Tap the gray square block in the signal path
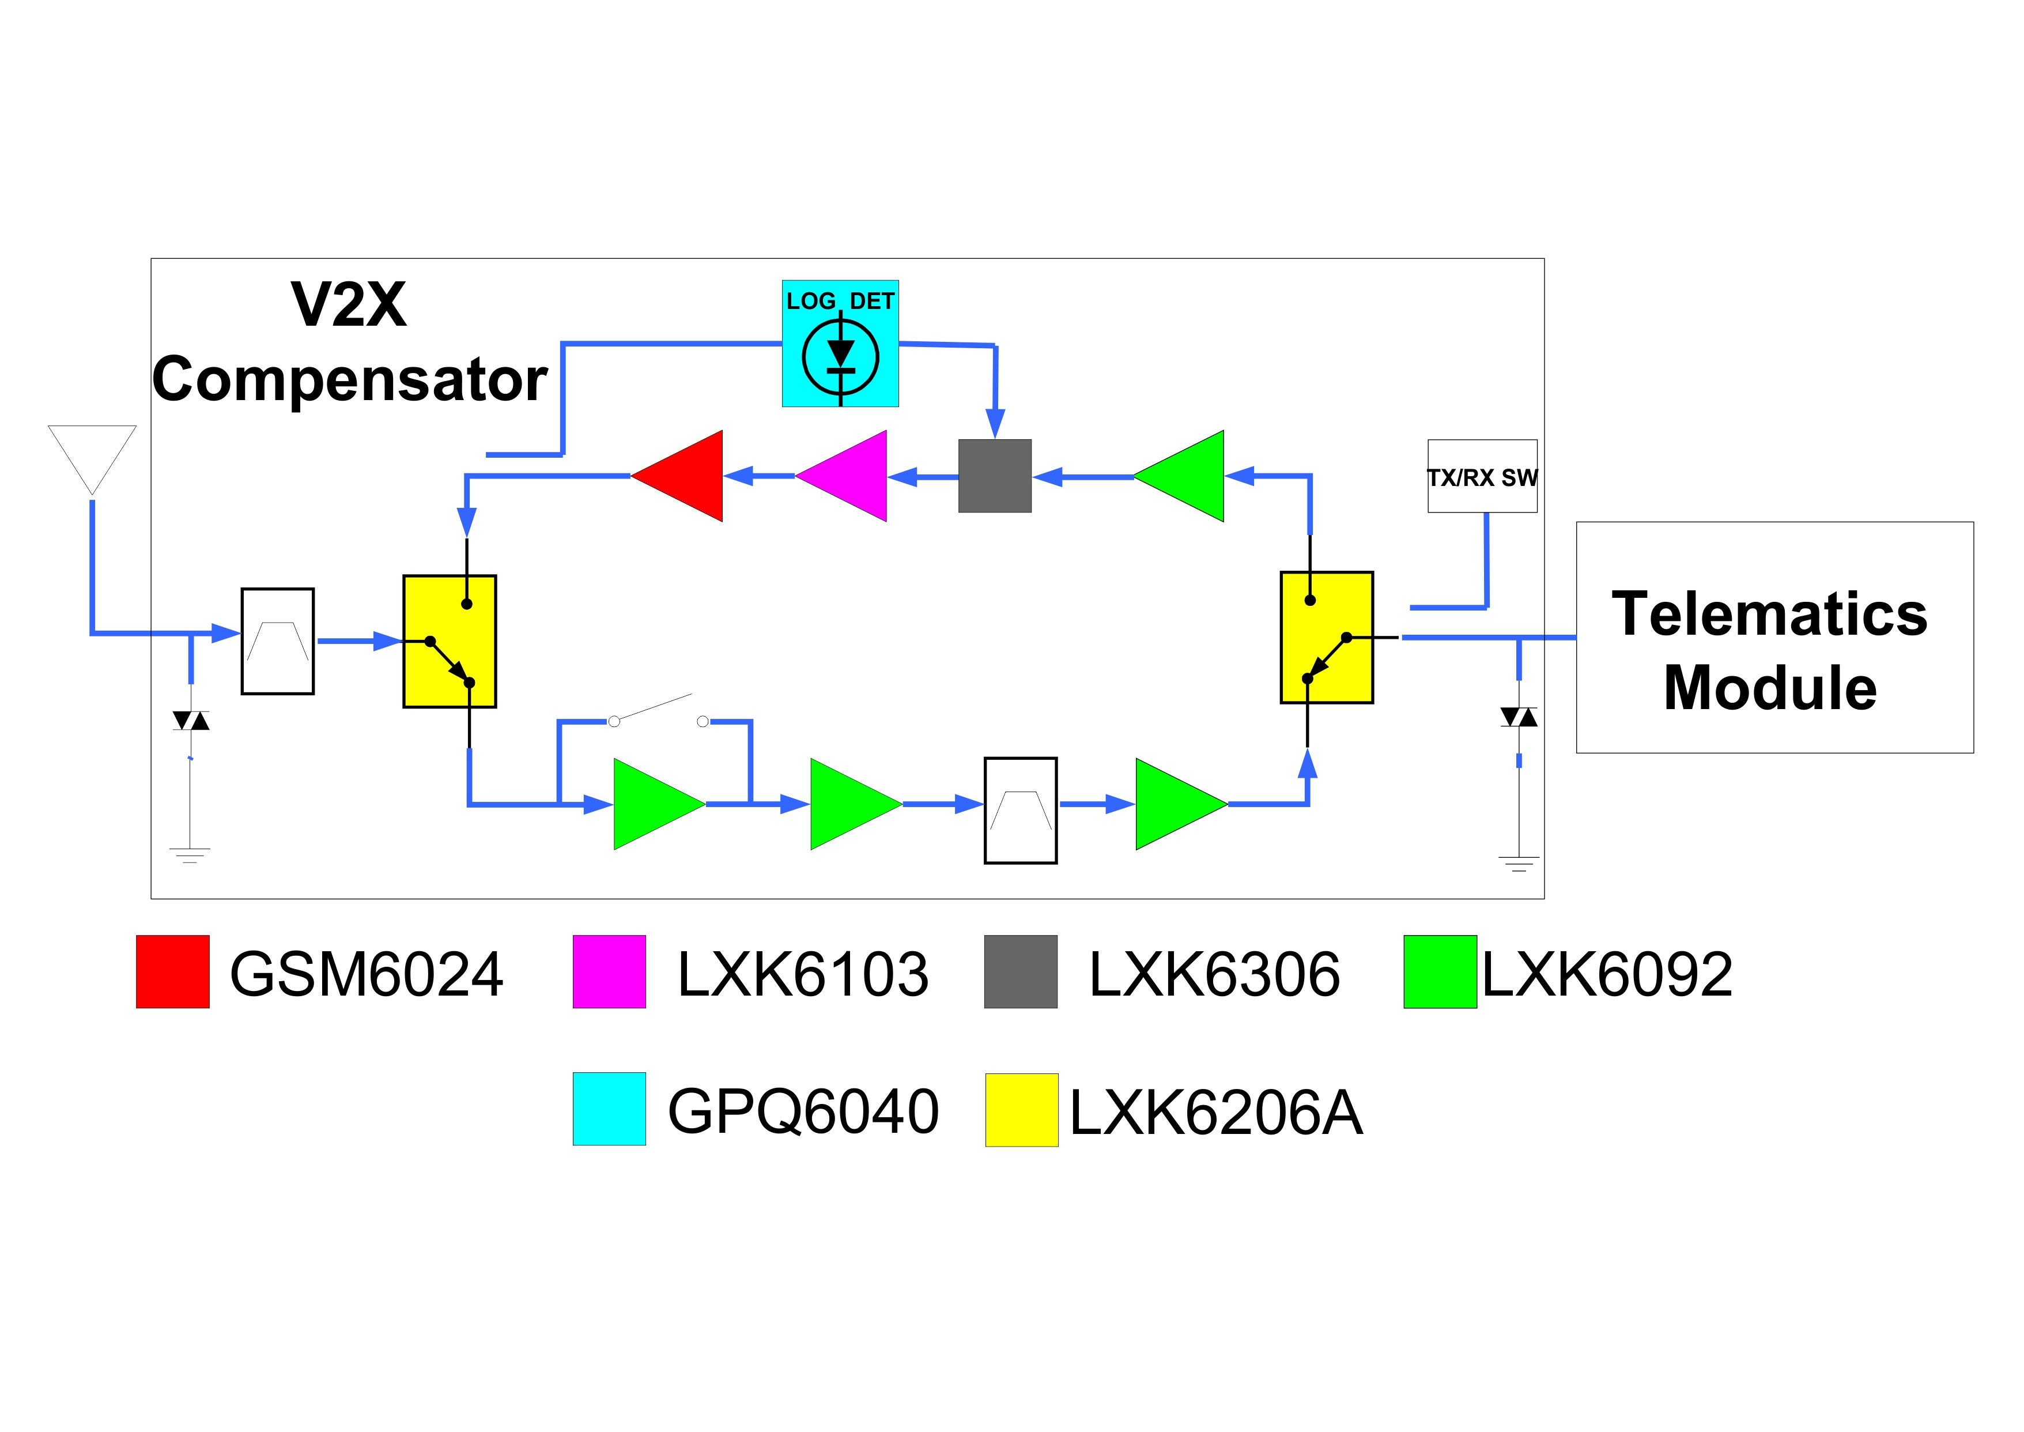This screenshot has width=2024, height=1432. [994, 476]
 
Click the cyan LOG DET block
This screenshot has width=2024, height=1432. [840, 344]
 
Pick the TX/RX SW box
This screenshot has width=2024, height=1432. [1482, 476]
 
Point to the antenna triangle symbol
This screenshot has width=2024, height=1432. [92, 454]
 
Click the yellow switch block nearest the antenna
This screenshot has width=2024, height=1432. [450, 641]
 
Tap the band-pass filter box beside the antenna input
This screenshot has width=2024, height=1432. [278, 641]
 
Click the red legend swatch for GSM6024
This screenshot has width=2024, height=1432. [173, 972]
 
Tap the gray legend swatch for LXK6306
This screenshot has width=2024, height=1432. [1020, 972]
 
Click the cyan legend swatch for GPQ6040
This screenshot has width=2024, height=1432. [609, 1109]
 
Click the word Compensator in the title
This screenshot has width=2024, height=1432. [350, 380]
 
